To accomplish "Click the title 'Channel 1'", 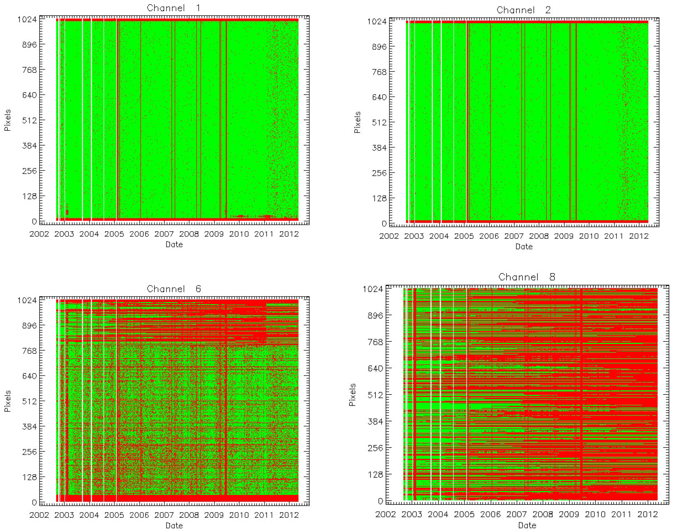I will tap(174, 8).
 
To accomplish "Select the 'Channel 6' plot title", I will tap(174, 289).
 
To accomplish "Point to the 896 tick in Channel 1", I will tap(29, 44).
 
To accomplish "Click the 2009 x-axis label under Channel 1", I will tap(214, 234).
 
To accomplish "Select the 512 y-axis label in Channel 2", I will tap(379, 122).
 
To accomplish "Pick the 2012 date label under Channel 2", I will tap(639, 236).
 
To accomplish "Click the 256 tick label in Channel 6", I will tap(29, 452).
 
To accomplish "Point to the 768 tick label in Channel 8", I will tap(375, 342).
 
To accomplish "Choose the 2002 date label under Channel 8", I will tap(385, 514).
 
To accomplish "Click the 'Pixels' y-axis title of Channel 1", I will tap(7, 120).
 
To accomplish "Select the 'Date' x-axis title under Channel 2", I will tap(524, 246).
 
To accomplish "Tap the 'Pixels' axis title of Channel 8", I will tap(352, 395).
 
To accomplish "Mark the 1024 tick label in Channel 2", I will tap(377, 22).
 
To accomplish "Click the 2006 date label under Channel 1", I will tap(139, 234).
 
